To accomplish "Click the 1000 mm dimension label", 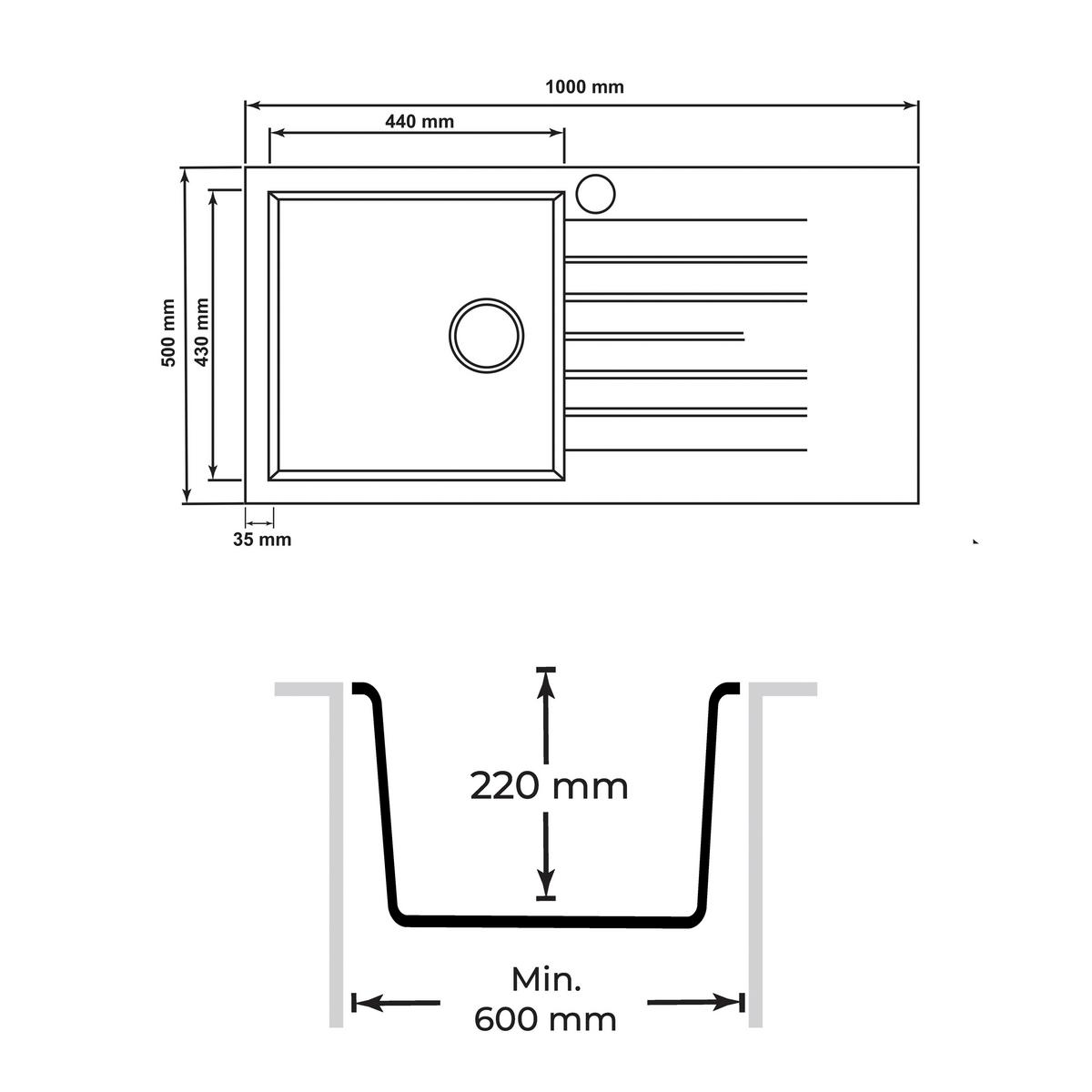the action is tap(584, 86).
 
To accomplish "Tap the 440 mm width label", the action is tap(420, 121).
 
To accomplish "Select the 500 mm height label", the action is tap(169, 333).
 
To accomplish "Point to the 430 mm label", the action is tap(202, 333).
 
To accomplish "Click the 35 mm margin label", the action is tap(262, 540).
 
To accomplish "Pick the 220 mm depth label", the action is tap(549, 787).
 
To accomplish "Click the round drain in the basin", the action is tap(486, 336).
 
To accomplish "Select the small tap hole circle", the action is tap(595, 194).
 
